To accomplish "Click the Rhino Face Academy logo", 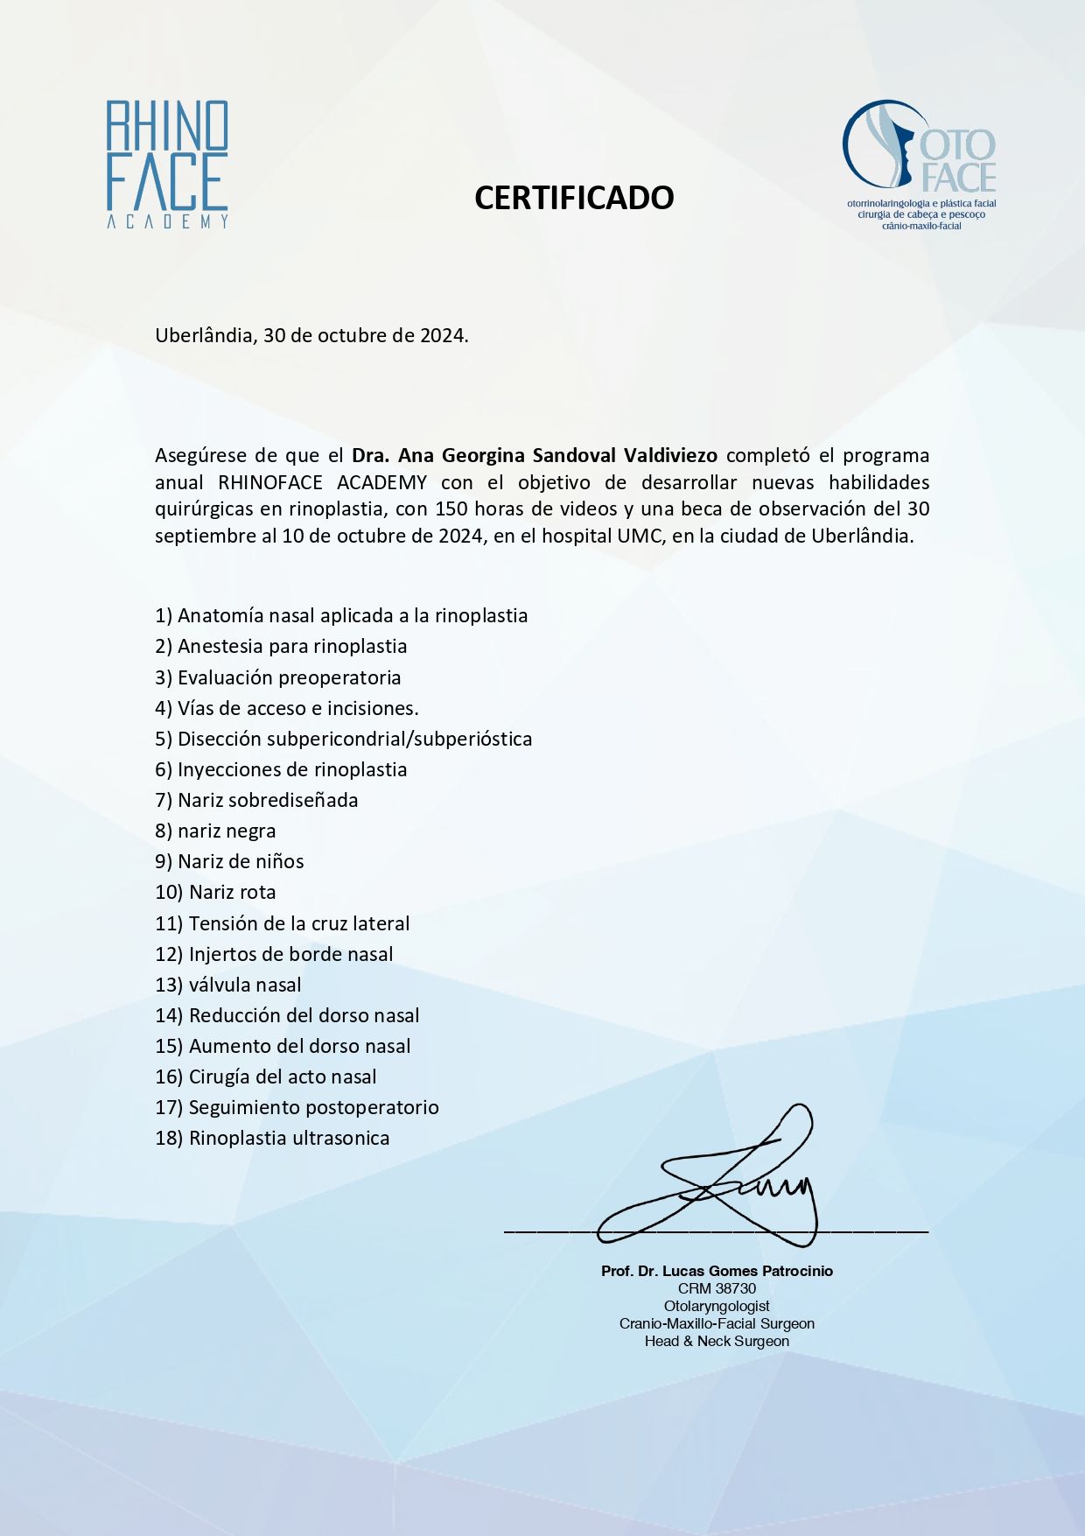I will click(167, 164).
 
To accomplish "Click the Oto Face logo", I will click(920, 164).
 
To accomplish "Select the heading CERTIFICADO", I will click(574, 198).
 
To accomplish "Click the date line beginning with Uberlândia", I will click(311, 335).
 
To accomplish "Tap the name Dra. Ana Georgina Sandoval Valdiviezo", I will click(534, 455).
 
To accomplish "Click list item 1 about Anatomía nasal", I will click(341, 615).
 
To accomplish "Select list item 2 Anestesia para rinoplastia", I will click(281, 646).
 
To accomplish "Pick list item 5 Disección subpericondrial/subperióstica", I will click(343, 739).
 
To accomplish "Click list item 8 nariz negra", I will click(215, 831).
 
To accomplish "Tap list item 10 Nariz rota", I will click(215, 892).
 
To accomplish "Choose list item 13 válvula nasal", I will click(228, 985).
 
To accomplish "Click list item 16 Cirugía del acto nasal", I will click(266, 1077).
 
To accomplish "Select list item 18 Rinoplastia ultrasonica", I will click(272, 1138).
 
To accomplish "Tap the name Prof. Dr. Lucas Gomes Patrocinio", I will click(717, 1271).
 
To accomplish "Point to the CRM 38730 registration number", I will click(717, 1288).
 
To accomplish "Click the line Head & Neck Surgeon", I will click(717, 1341).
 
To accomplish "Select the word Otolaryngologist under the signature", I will click(717, 1306).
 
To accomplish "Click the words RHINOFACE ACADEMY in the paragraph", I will click(322, 482).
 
